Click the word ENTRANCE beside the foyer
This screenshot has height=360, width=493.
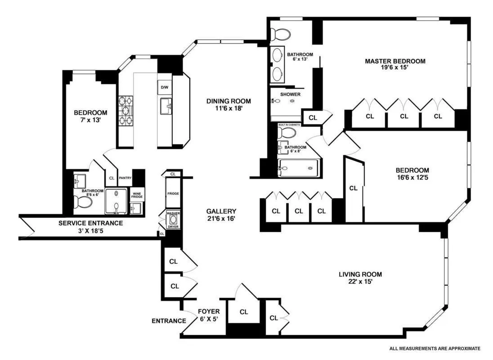coord(169,321)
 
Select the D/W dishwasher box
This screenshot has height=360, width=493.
coord(163,87)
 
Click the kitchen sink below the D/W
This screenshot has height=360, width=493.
coord(166,106)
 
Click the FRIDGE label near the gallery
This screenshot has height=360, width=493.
coord(173,193)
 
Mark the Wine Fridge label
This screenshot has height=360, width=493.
coord(137,195)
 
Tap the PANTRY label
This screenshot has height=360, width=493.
coord(125,178)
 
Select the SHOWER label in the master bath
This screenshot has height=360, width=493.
coord(290,94)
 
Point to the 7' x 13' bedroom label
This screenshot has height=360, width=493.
coord(90,116)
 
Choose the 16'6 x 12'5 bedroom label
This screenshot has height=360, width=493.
coord(412,174)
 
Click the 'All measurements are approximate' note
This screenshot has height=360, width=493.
coord(435,348)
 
